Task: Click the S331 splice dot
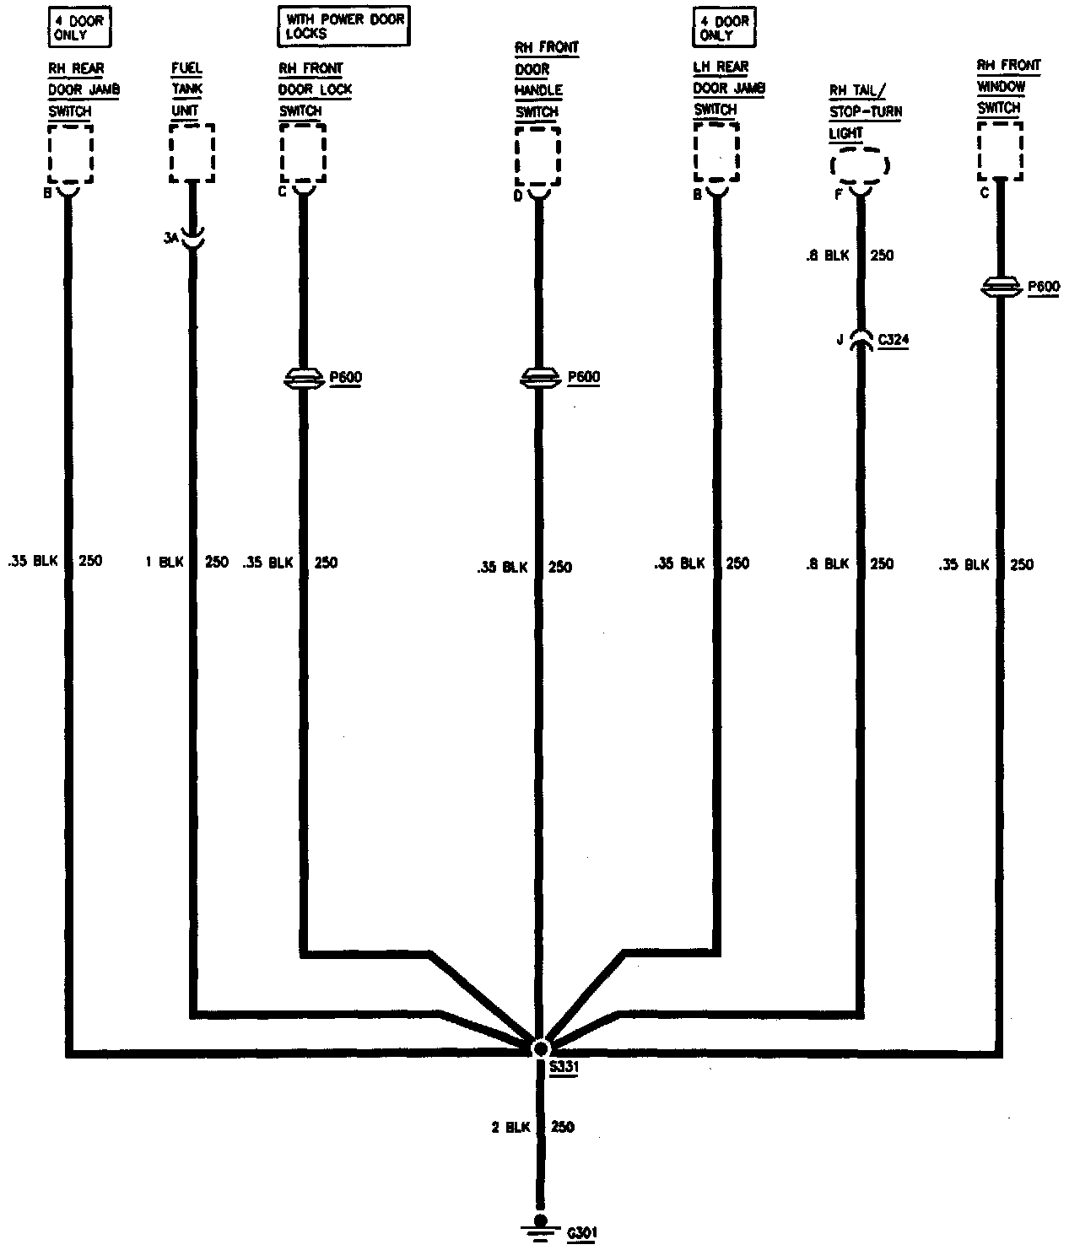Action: (x=540, y=1048)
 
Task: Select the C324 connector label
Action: (x=893, y=340)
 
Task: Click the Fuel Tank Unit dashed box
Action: (x=192, y=153)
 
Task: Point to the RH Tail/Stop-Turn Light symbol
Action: (x=861, y=166)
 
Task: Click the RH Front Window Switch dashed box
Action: (x=1000, y=151)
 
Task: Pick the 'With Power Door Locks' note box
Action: (x=343, y=26)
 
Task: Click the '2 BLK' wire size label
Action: (x=510, y=1127)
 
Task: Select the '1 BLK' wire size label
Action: (x=165, y=562)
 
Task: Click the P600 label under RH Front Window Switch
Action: (x=1043, y=287)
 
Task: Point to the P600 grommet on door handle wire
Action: (x=539, y=379)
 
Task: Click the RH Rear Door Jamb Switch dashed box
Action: (x=70, y=153)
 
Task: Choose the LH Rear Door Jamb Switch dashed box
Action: (x=716, y=152)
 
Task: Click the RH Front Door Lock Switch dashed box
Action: (x=303, y=153)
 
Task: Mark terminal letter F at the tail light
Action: (x=838, y=194)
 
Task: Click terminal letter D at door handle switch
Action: (x=518, y=197)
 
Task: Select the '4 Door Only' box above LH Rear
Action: (x=724, y=26)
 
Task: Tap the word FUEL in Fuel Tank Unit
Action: (x=186, y=67)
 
